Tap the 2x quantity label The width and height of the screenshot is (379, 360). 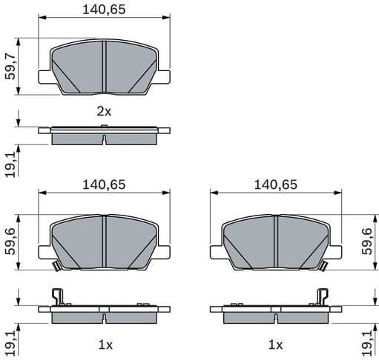click(104, 111)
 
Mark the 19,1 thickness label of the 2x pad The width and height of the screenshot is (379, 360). click(10, 163)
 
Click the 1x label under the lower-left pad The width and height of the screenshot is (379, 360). click(104, 345)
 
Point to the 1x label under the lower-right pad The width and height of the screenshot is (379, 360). click(276, 345)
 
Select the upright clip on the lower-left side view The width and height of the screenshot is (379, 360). click(56, 296)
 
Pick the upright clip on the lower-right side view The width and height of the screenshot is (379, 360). click(323, 296)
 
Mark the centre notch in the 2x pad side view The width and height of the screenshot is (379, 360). click(104, 140)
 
